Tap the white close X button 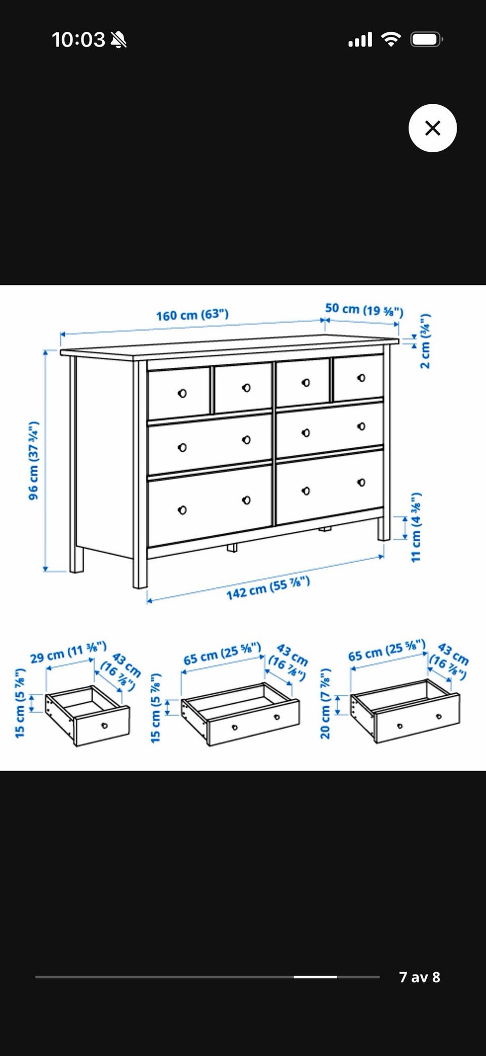(x=432, y=128)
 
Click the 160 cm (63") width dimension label (x=192, y=315)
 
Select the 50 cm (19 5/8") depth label (x=364, y=310)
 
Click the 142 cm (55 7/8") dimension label (x=268, y=588)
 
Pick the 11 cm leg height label (x=416, y=526)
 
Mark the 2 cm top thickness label (x=425, y=342)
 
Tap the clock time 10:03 (x=78, y=39)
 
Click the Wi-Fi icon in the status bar (x=390, y=39)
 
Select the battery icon (x=427, y=39)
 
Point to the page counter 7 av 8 (x=420, y=977)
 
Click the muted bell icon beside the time (x=118, y=39)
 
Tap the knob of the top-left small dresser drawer (x=182, y=393)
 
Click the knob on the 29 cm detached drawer (x=104, y=726)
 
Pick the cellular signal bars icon (x=360, y=39)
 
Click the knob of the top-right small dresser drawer (x=361, y=377)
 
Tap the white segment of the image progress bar (x=315, y=977)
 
